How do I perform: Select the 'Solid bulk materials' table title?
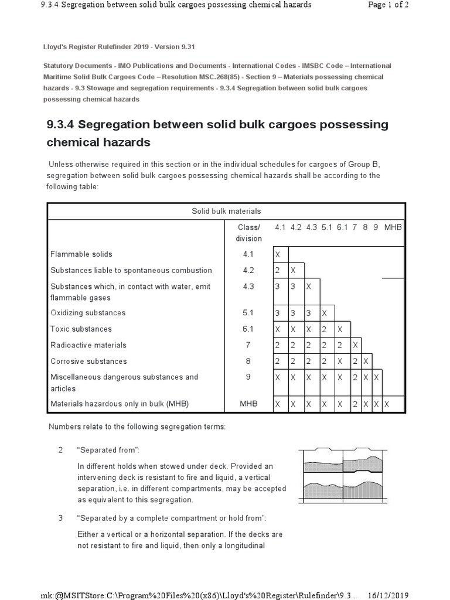(x=226, y=211)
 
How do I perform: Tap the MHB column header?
(x=393, y=227)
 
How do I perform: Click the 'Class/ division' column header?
(x=248, y=233)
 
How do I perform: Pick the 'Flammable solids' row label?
(x=81, y=254)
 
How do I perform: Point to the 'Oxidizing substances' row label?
(x=88, y=313)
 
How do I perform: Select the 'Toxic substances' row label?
(x=81, y=329)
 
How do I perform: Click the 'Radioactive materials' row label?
(x=88, y=345)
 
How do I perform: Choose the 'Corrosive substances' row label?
(x=88, y=361)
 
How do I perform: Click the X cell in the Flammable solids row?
(x=278, y=255)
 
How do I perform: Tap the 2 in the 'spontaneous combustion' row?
(x=278, y=271)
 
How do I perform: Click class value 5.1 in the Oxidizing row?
(x=248, y=313)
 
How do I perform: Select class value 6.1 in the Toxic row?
(x=248, y=329)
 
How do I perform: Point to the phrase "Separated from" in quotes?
(x=108, y=450)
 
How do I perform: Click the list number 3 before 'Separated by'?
(x=60, y=518)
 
